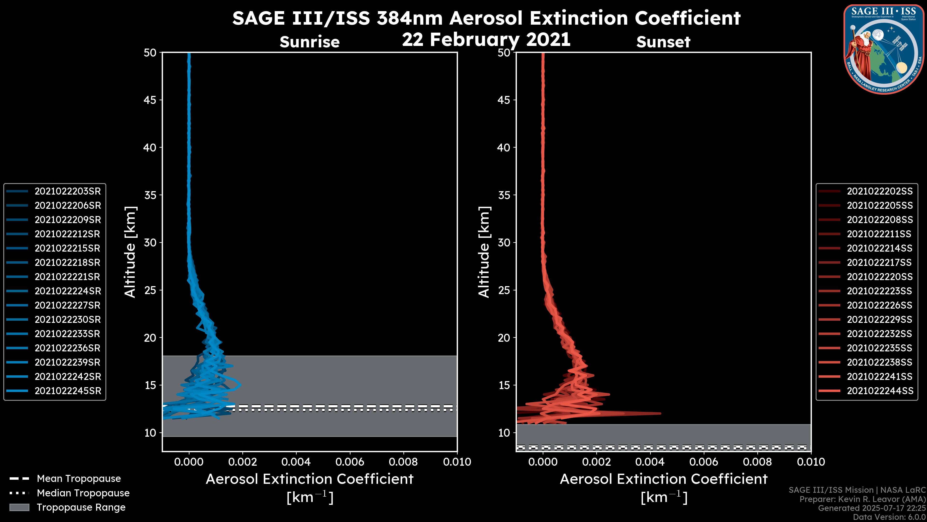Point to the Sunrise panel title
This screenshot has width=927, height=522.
point(309,42)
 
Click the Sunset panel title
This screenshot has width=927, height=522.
point(663,42)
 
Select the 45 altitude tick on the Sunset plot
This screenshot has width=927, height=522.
point(504,100)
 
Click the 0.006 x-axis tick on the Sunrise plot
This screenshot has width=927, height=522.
point(350,462)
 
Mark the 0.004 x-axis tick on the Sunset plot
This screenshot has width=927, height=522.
point(650,462)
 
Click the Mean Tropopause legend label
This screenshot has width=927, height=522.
point(79,479)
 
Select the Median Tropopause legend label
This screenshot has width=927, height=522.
point(83,493)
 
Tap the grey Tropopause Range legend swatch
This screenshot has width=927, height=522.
point(19,507)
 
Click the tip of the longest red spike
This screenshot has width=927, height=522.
point(660,413)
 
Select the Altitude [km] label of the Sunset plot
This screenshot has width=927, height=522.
point(484,252)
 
